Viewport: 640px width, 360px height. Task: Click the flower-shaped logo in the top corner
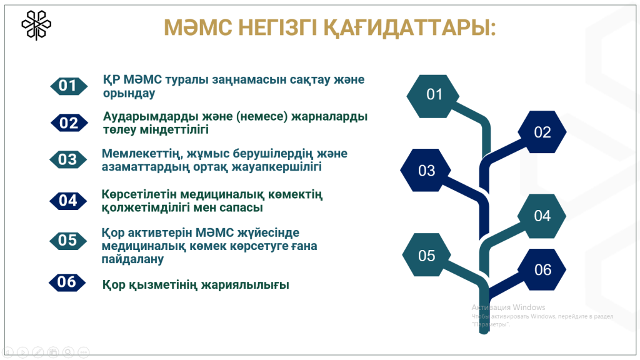tap(36, 25)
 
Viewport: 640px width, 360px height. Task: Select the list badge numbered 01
tap(69, 86)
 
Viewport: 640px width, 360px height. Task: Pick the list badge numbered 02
tap(69, 123)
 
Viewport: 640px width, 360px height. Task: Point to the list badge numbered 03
tap(68, 159)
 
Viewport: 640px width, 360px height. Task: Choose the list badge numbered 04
tap(68, 201)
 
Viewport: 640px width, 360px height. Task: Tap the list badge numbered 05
tap(68, 241)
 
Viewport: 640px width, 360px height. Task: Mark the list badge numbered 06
tap(67, 282)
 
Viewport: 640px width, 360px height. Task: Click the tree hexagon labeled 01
tap(434, 96)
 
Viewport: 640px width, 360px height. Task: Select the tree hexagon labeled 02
tap(542, 132)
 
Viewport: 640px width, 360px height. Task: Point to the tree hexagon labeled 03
tap(426, 170)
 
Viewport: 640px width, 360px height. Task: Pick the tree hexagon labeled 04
tap(542, 216)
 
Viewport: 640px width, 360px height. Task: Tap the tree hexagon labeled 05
tap(426, 255)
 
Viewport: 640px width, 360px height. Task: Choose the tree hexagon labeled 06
tap(542, 270)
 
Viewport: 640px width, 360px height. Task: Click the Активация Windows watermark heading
tap(508, 307)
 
